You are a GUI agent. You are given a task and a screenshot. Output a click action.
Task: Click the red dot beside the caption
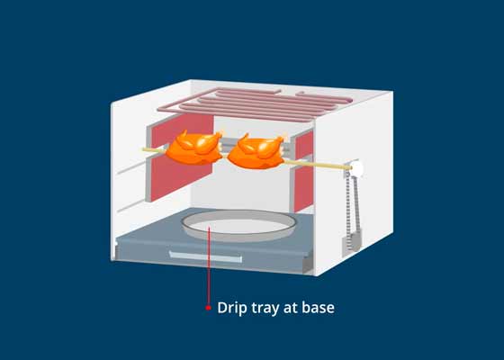tap(208, 308)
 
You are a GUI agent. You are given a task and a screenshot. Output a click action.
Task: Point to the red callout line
tap(209, 265)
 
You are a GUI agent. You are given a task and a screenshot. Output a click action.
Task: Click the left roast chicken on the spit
tap(194, 148)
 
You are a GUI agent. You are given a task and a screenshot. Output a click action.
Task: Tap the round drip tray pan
tap(238, 225)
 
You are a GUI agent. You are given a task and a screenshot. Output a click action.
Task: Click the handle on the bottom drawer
tap(205, 256)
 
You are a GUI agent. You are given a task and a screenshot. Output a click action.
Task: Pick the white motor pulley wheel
tap(356, 168)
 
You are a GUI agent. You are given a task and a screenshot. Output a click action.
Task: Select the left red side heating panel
tap(182, 157)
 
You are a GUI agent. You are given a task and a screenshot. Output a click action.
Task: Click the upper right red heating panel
tap(304, 144)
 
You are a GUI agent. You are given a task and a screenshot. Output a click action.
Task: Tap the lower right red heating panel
tap(304, 189)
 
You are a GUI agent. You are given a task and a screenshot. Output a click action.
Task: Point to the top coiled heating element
tap(255, 104)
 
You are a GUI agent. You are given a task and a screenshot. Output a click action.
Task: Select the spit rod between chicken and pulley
tap(317, 165)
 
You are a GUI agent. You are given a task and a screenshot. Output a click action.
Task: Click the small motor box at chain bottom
tap(351, 242)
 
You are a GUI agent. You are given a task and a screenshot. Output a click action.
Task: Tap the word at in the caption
tap(291, 309)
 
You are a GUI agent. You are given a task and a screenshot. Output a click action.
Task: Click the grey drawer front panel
tap(212, 256)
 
